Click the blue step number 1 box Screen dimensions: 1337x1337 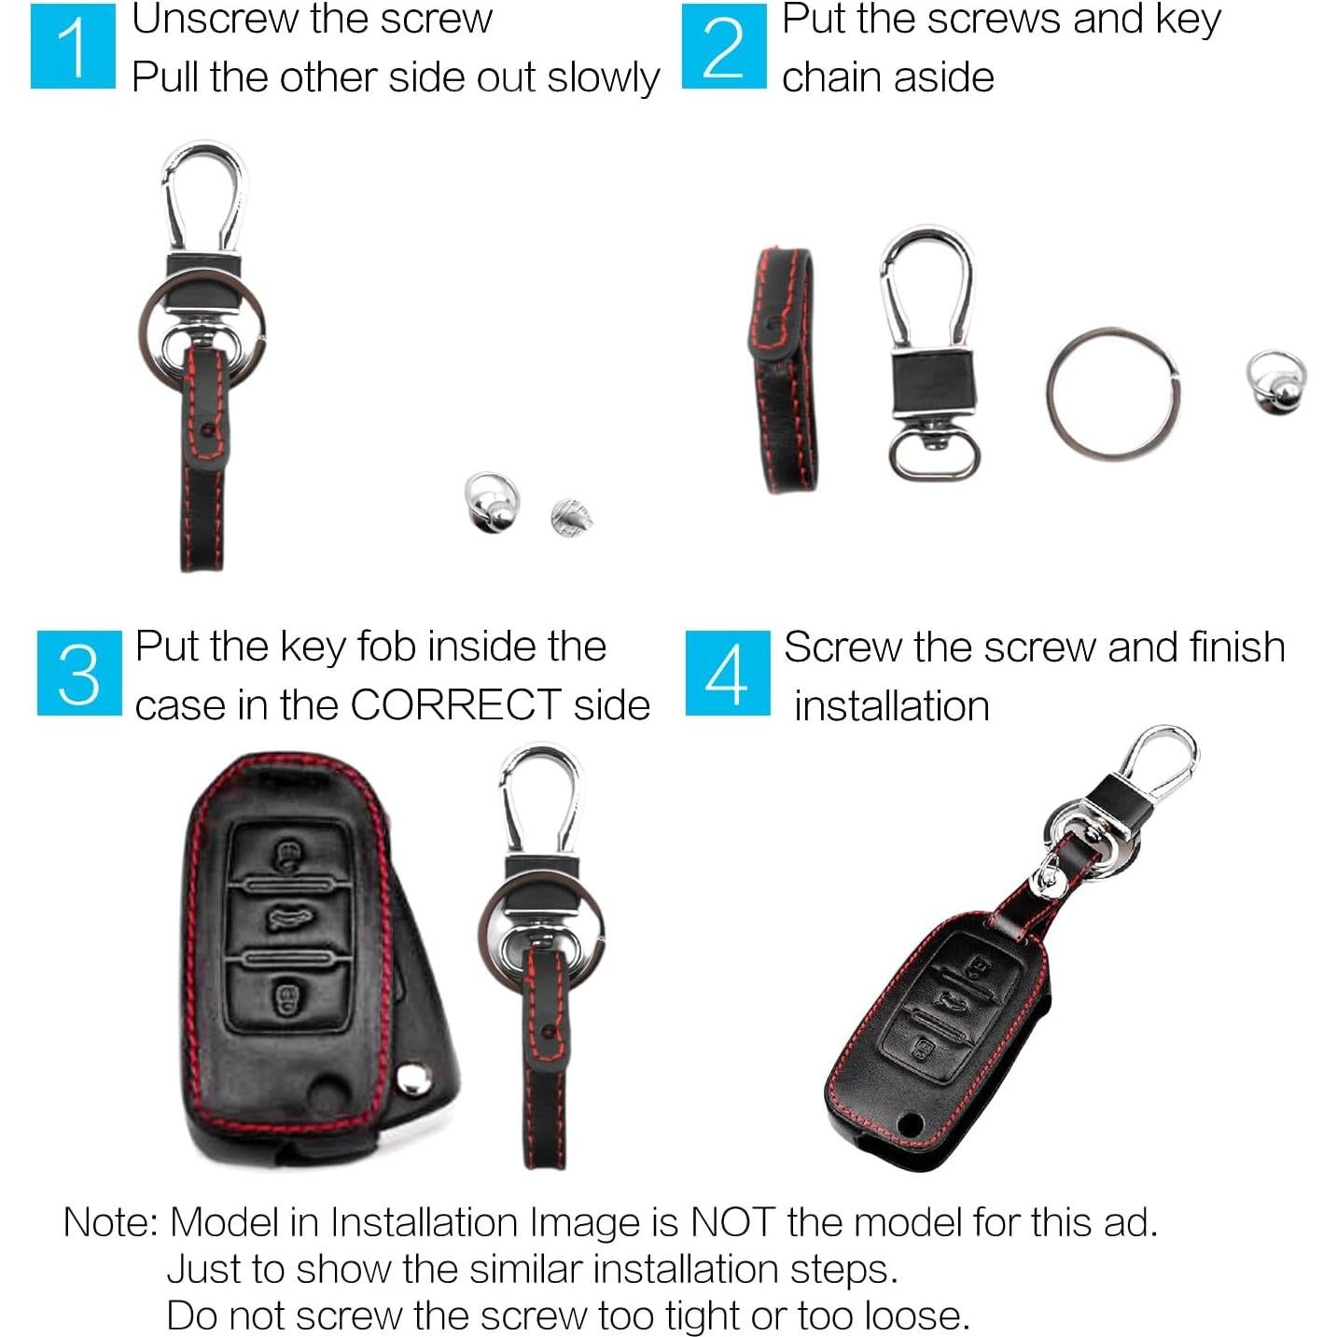pos(73,47)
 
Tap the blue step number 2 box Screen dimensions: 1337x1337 pos(724,47)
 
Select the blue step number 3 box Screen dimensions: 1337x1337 pos(79,673)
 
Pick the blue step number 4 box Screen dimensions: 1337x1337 pos(728,673)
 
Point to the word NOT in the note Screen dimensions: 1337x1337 pos(732,1221)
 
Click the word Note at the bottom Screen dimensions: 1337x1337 pos(110,1221)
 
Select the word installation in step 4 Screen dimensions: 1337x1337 pos(891,706)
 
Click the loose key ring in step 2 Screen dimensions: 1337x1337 pos(1111,394)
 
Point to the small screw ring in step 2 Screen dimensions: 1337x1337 pos(1276,382)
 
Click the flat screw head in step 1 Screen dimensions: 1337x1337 pos(571,516)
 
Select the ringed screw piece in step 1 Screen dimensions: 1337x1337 pos(491,502)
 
